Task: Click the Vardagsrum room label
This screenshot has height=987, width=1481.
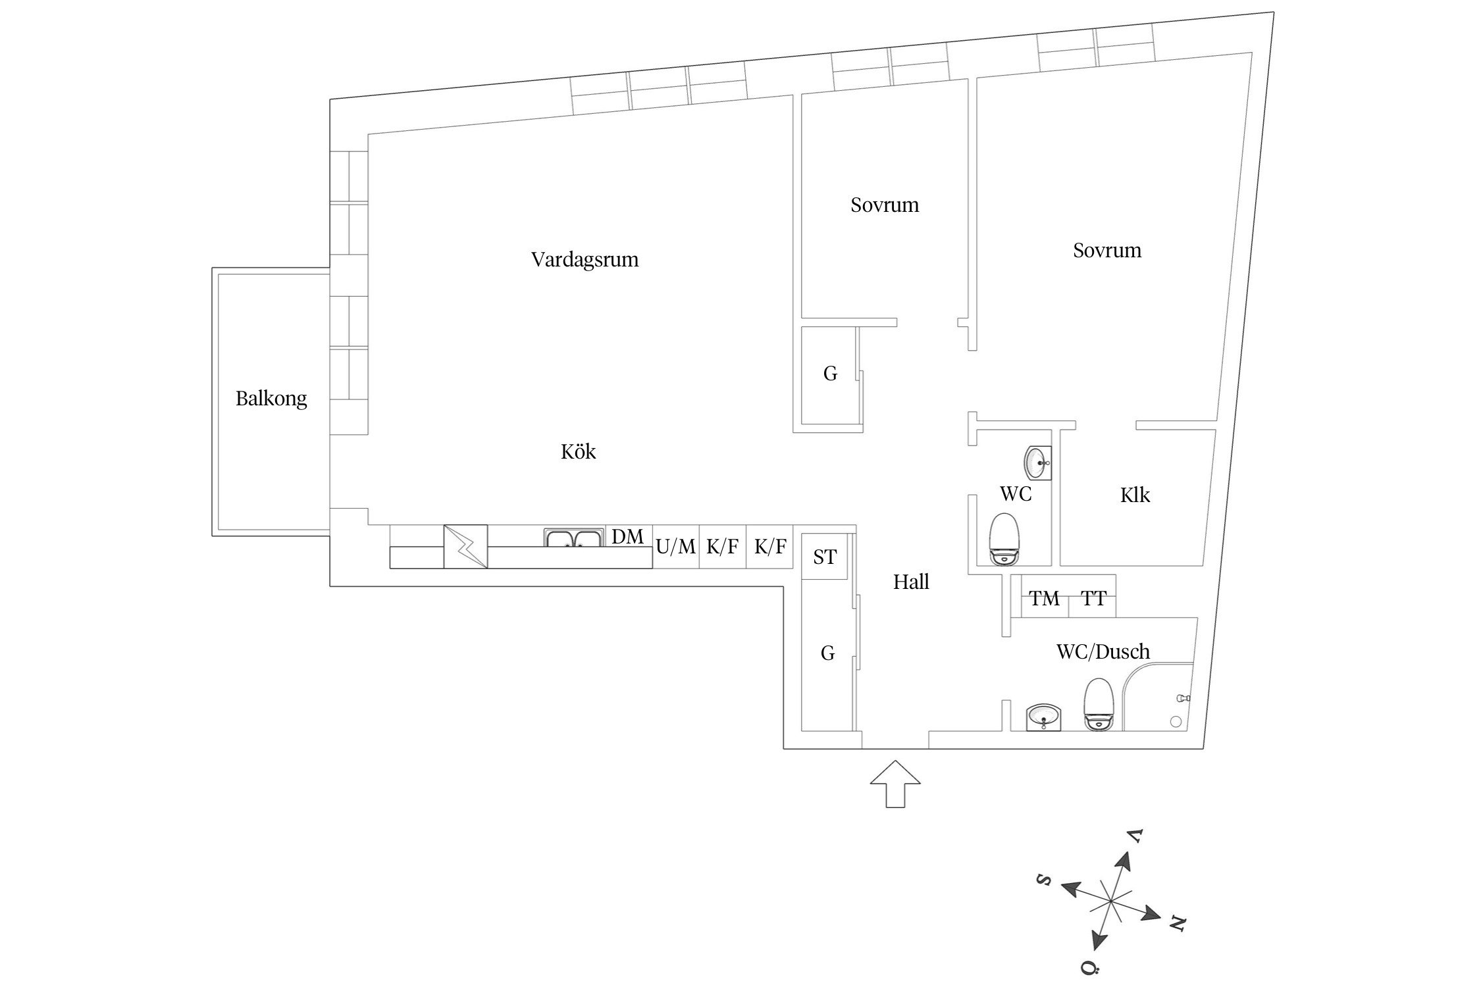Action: click(585, 259)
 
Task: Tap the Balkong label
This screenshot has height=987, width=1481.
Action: click(271, 399)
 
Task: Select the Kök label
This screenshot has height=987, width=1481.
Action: click(578, 451)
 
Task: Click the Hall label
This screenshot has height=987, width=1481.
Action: click(911, 582)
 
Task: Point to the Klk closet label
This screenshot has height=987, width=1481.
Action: click(1135, 495)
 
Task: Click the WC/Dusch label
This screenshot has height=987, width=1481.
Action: click(1103, 651)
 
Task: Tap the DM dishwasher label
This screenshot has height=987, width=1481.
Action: click(627, 537)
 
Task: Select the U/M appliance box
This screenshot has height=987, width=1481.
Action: click(676, 547)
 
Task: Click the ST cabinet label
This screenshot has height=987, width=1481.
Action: click(824, 557)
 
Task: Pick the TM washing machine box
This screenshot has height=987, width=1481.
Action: click(1045, 599)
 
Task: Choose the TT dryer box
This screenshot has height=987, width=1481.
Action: click(1093, 599)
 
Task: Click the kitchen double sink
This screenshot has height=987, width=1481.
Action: click(574, 538)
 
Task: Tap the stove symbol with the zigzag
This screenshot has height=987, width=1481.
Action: click(465, 546)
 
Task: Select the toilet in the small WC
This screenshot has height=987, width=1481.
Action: click(1004, 539)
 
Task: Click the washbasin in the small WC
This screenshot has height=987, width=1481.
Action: click(1038, 463)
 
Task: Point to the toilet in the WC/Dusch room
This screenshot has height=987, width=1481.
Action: click(1098, 704)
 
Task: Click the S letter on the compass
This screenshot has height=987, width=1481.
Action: click(1043, 880)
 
